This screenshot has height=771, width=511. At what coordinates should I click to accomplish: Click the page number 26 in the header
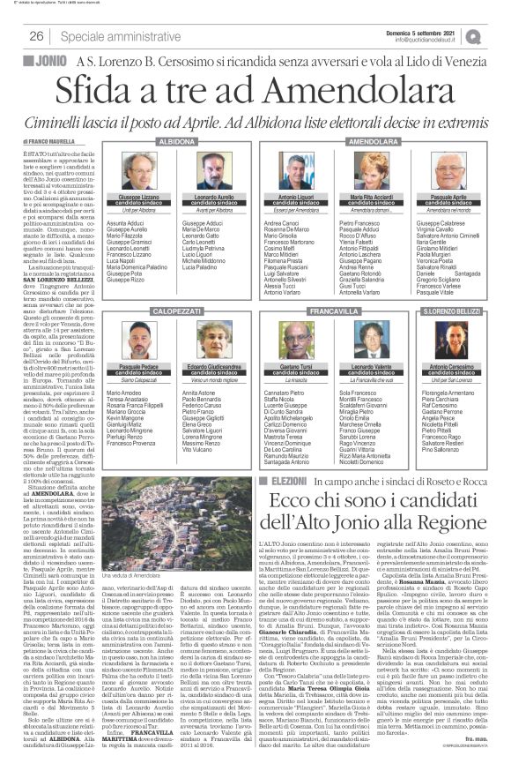[x=37, y=36]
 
